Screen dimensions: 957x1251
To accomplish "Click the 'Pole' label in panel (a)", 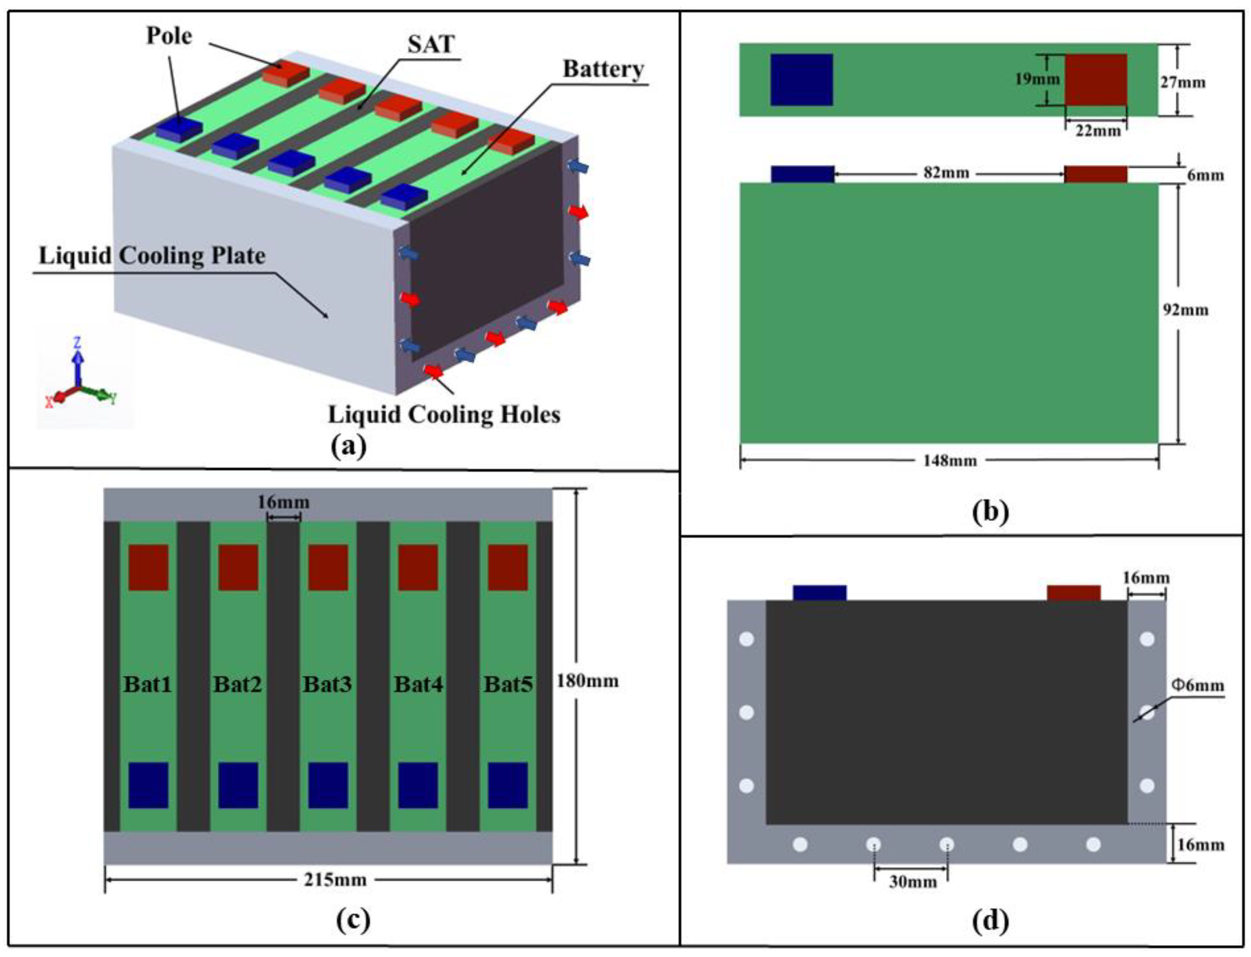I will [x=169, y=36].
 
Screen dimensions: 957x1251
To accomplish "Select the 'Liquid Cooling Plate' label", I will [x=152, y=255].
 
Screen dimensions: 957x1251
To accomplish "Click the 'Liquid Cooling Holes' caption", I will [x=444, y=414].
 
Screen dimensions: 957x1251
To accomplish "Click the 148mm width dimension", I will [x=950, y=460].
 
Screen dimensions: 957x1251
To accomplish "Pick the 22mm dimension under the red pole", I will [x=1097, y=131].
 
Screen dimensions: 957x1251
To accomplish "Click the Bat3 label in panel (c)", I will [x=327, y=684].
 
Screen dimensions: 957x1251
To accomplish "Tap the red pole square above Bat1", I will [x=148, y=567].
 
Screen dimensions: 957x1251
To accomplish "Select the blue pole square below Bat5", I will [x=507, y=785].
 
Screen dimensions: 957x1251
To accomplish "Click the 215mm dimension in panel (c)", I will [x=334, y=880].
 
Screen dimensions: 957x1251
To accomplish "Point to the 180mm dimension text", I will [x=587, y=681].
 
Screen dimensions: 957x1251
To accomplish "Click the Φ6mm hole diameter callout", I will [x=1197, y=685].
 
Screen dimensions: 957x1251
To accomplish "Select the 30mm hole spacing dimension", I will [x=913, y=882].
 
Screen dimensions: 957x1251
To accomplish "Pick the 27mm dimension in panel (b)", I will [x=1182, y=83].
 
